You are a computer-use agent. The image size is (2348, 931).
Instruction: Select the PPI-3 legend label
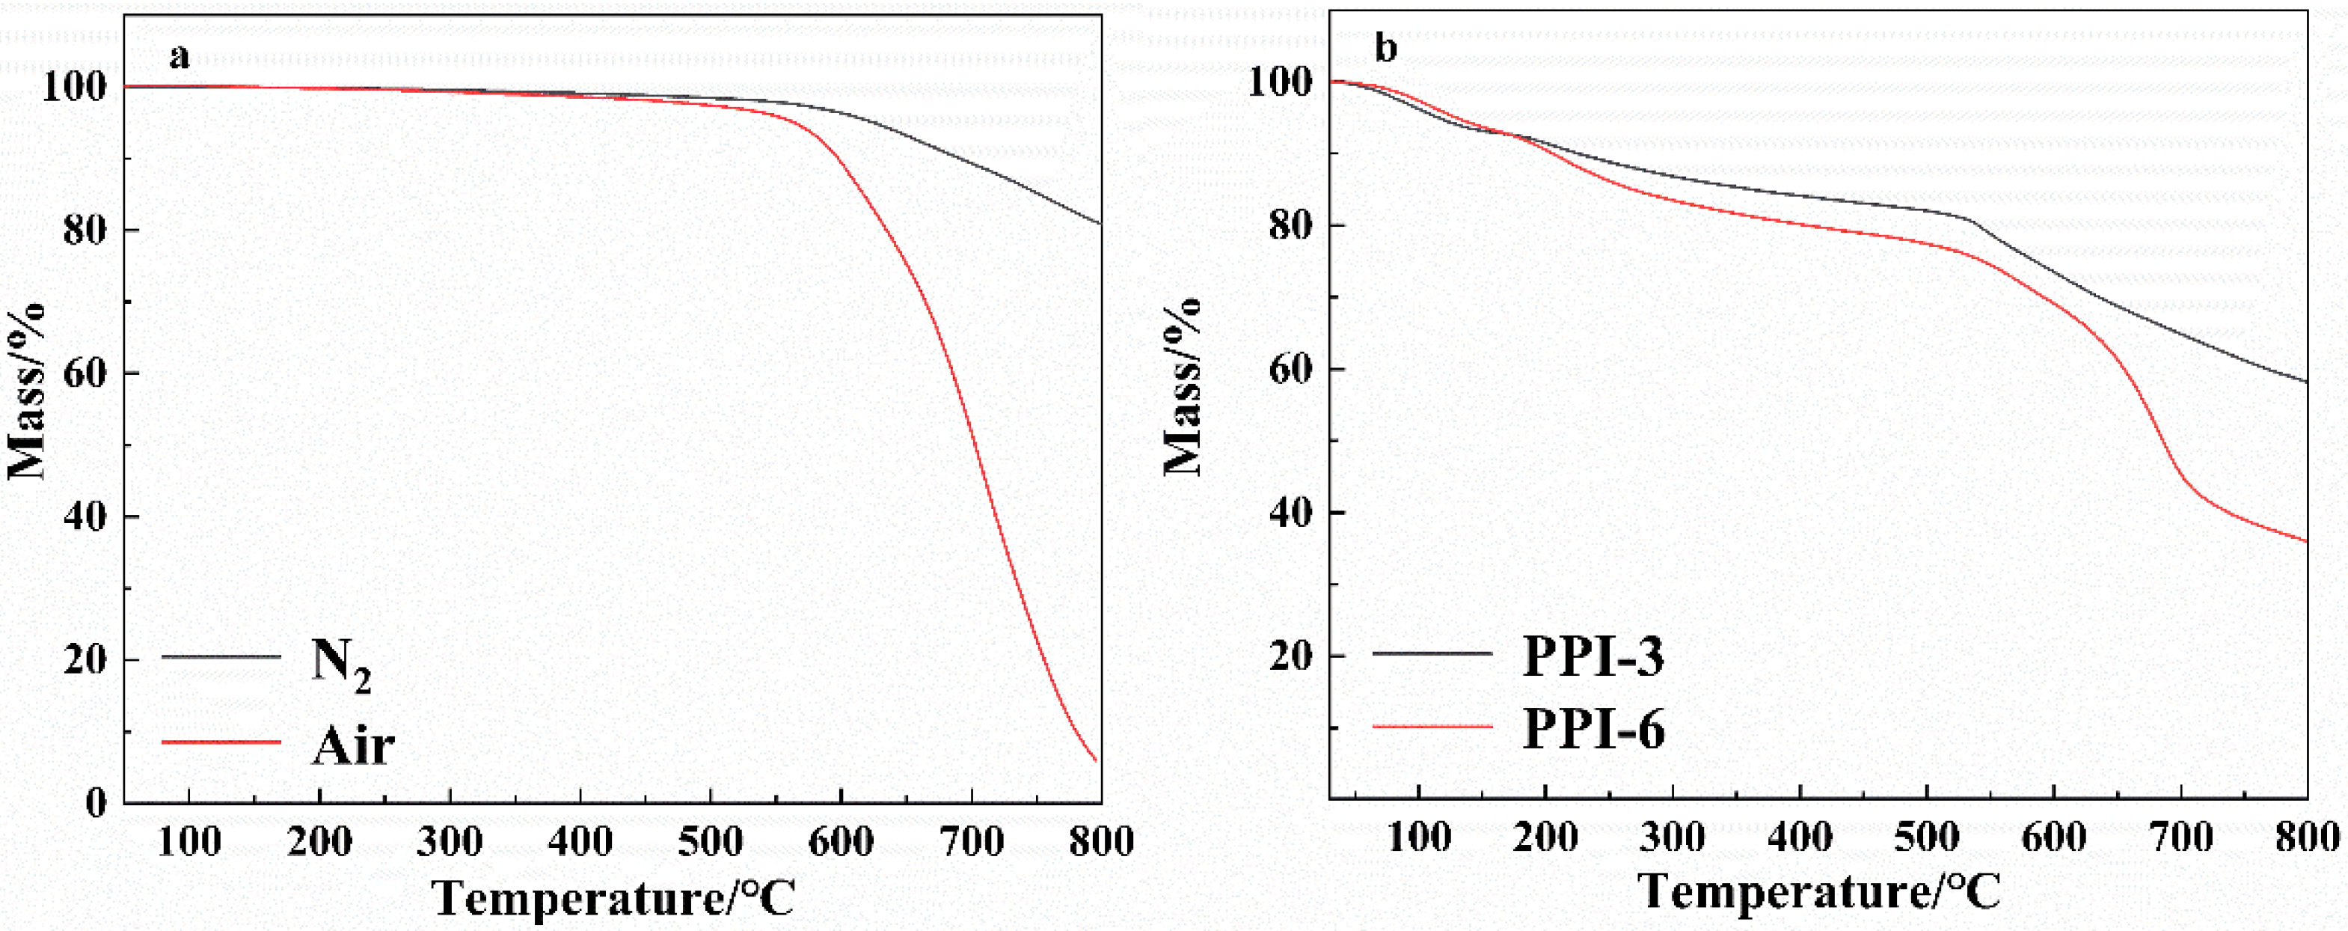1593,656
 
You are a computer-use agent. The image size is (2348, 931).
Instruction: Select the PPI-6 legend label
1593,730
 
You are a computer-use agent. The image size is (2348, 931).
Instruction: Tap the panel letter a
180,58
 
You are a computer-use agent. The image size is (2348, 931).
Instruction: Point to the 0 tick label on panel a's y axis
96,802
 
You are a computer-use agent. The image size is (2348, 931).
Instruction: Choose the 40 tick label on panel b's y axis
1293,513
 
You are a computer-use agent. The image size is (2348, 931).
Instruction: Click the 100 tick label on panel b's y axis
1281,82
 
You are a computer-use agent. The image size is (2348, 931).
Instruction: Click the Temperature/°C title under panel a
613,898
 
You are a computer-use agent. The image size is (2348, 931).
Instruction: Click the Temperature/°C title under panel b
1818,891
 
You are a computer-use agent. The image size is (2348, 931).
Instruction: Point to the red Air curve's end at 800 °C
1096,760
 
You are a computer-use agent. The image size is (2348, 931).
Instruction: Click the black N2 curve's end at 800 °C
1100,222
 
